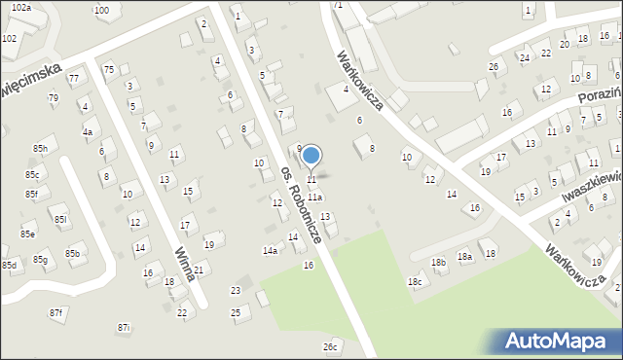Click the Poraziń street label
click(x=595, y=98)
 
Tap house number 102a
click(x=21, y=7)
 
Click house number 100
click(x=102, y=10)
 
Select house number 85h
click(x=40, y=148)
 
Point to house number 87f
click(x=56, y=312)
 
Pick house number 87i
click(x=124, y=328)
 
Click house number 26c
click(x=331, y=345)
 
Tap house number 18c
click(x=416, y=282)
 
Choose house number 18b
click(x=439, y=262)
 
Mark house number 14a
click(x=270, y=250)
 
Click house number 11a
click(x=315, y=197)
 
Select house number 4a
click(x=87, y=131)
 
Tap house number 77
click(x=73, y=77)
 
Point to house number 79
click(x=54, y=98)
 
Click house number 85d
click(x=10, y=265)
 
